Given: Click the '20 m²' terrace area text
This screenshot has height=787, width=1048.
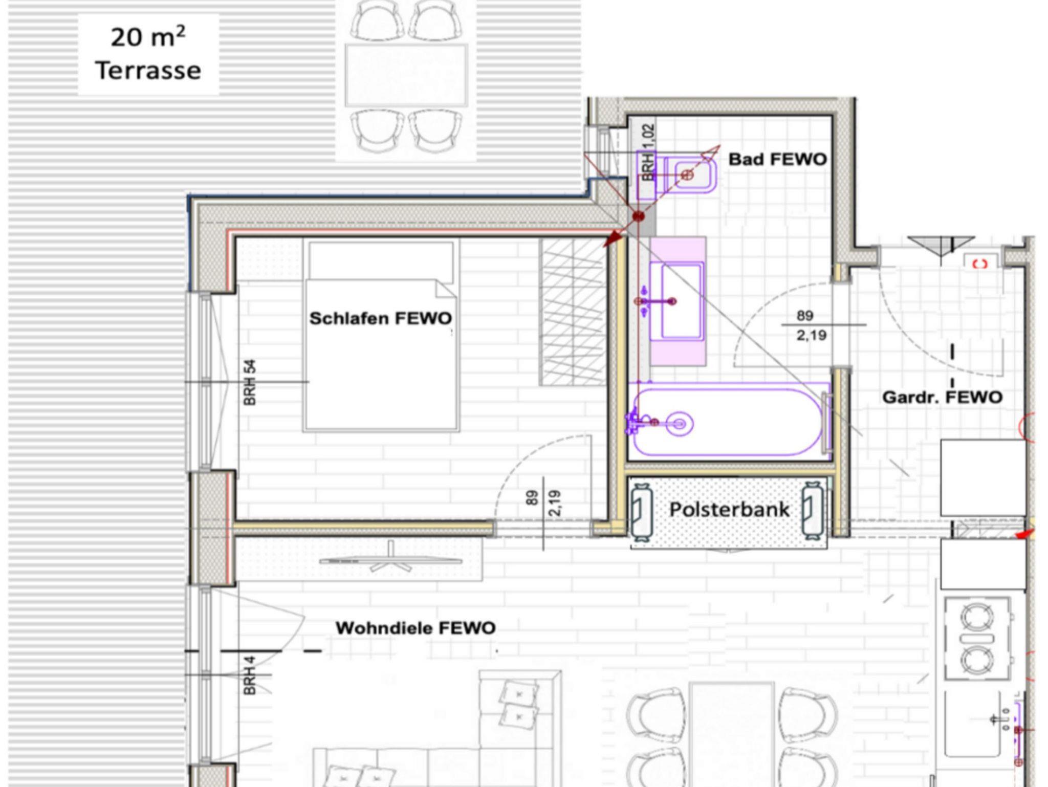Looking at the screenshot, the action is [148, 37].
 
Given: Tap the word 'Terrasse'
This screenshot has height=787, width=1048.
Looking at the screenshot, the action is [148, 71].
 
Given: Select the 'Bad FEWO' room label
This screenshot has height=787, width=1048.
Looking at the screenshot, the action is [777, 159].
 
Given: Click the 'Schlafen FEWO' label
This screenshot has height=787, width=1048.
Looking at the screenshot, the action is [381, 318].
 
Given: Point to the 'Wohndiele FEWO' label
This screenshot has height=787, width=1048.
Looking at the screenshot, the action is [416, 628].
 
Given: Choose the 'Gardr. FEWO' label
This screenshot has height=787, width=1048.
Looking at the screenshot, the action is [942, 397].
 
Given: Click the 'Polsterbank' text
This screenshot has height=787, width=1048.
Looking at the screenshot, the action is [729, 509].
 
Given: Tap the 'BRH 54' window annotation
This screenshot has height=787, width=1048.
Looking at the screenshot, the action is [250, 383].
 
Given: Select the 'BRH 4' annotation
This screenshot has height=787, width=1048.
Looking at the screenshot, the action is [250, 676].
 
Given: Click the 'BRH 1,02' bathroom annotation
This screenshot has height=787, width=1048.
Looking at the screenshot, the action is [648, 152].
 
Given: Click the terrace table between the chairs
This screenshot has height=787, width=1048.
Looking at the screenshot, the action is [406, 75].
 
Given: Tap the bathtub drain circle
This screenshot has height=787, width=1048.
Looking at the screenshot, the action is [680, 424].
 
